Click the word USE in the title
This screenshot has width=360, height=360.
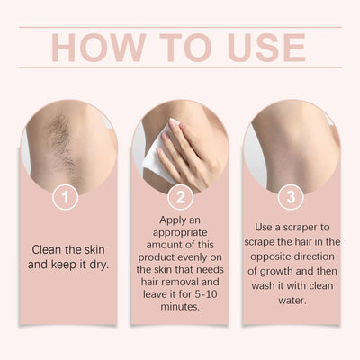[259, 48]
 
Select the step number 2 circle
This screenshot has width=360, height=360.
[179, 195]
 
